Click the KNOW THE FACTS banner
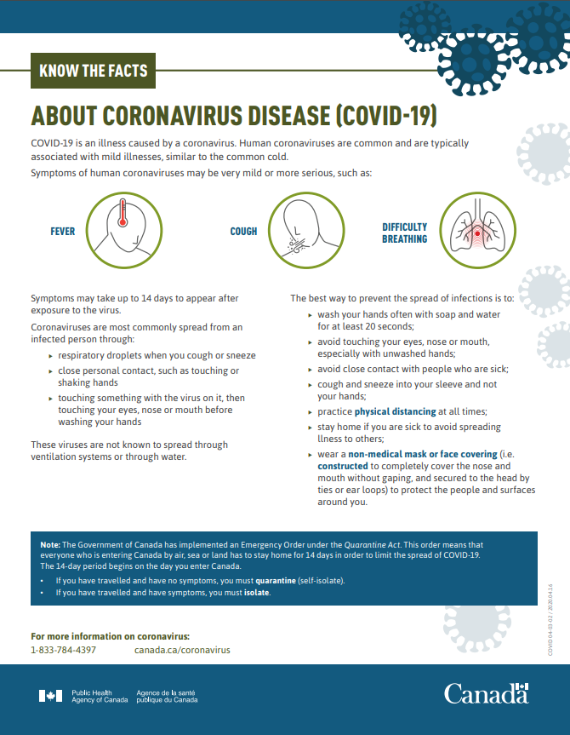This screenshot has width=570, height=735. [94, 72]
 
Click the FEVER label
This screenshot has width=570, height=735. [63, 232]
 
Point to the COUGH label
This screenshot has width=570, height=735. [243, 232]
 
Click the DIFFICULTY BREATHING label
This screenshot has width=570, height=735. [404, 233]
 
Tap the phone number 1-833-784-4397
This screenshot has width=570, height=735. [63, 650]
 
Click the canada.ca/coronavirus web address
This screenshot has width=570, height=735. [182, 650]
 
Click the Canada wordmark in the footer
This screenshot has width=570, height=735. [486, 693]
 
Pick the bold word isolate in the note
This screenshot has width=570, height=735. [257, 593]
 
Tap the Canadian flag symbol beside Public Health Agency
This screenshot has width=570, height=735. [50, 696]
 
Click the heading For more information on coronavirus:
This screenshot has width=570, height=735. [110, 636]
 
